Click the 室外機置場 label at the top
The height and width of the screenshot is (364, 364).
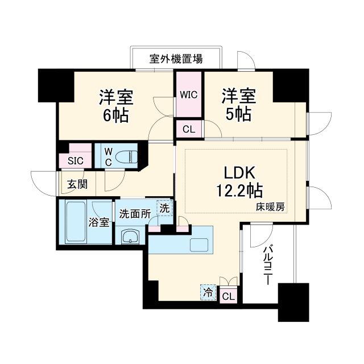click(176, 59)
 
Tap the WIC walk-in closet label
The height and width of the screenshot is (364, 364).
click(189, 94)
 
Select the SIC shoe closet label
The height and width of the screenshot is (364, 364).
click(75, 161)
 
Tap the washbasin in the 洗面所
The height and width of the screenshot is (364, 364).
click(130, 236)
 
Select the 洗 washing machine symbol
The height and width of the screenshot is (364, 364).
click(164, 209)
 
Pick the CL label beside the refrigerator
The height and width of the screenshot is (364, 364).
click(227, 296)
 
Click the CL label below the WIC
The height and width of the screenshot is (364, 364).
click(189, 129)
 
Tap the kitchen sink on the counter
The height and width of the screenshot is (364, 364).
click(201, 245)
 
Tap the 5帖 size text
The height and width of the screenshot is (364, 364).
click(238, 114)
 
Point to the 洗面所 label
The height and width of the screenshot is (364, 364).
click(134, 214)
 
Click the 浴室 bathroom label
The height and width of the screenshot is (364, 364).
click(99, 222)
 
